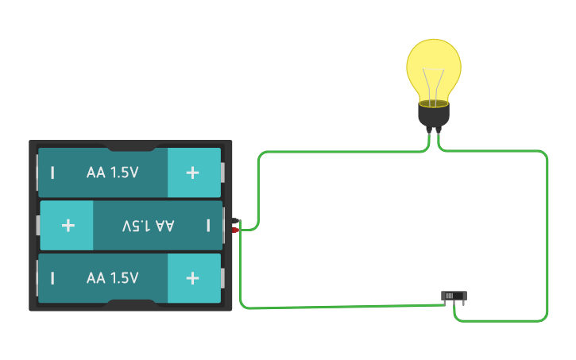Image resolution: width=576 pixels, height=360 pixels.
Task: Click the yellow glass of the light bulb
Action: [434, 64]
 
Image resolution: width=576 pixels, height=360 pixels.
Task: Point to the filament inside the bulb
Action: [434, 84]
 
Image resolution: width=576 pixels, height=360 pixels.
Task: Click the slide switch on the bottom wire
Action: [454, 296]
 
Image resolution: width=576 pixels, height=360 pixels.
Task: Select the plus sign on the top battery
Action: [192, 172]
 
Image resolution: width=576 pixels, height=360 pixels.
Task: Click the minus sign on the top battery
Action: [53, 172]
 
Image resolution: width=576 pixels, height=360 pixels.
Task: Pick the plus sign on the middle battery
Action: [68, 226]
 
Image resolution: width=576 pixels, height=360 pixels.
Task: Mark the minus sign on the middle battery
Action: [208, 226]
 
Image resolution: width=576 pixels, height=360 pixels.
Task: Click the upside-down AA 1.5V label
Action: [148, 226]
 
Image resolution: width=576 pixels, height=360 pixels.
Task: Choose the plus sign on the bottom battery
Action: [192, 278]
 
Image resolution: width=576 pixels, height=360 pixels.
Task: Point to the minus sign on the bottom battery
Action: [53, 278]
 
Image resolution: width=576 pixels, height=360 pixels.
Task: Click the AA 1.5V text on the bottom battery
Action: [112, 278]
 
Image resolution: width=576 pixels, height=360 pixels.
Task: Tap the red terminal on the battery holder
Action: [235, 230]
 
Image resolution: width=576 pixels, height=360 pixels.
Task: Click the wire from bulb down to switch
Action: [547, 238]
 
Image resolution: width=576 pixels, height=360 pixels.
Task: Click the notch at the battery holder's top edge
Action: [131, 146]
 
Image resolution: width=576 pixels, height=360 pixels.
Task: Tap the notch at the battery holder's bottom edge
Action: [131, 305]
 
